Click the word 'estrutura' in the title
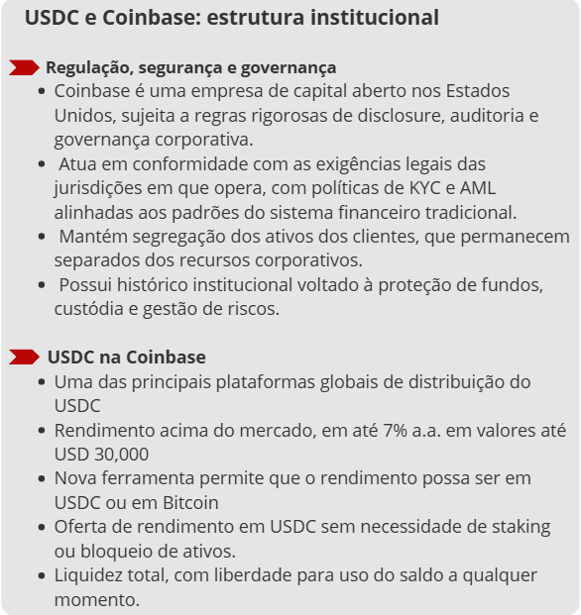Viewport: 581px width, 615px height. click(x=250, y=18)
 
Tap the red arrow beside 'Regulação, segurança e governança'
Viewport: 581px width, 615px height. click(x=24, y=67)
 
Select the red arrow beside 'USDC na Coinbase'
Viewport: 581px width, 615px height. click(x=24, y=357)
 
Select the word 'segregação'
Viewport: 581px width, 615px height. click(x=170, y=237)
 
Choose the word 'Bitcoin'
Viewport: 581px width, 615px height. click(x=185, y=502)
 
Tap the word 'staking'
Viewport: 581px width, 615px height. click(x=512, y=527)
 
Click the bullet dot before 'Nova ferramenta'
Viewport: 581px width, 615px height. click(x=41, y=479)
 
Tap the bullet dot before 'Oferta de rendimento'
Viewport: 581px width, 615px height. click(x=41, y=528)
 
